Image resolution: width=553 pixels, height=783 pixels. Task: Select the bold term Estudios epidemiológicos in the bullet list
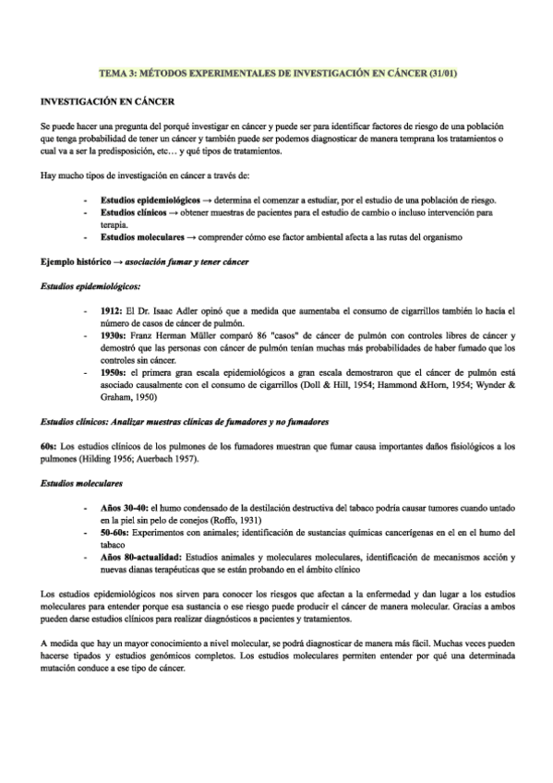147,200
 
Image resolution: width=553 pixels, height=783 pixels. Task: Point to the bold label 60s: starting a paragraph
49,446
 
